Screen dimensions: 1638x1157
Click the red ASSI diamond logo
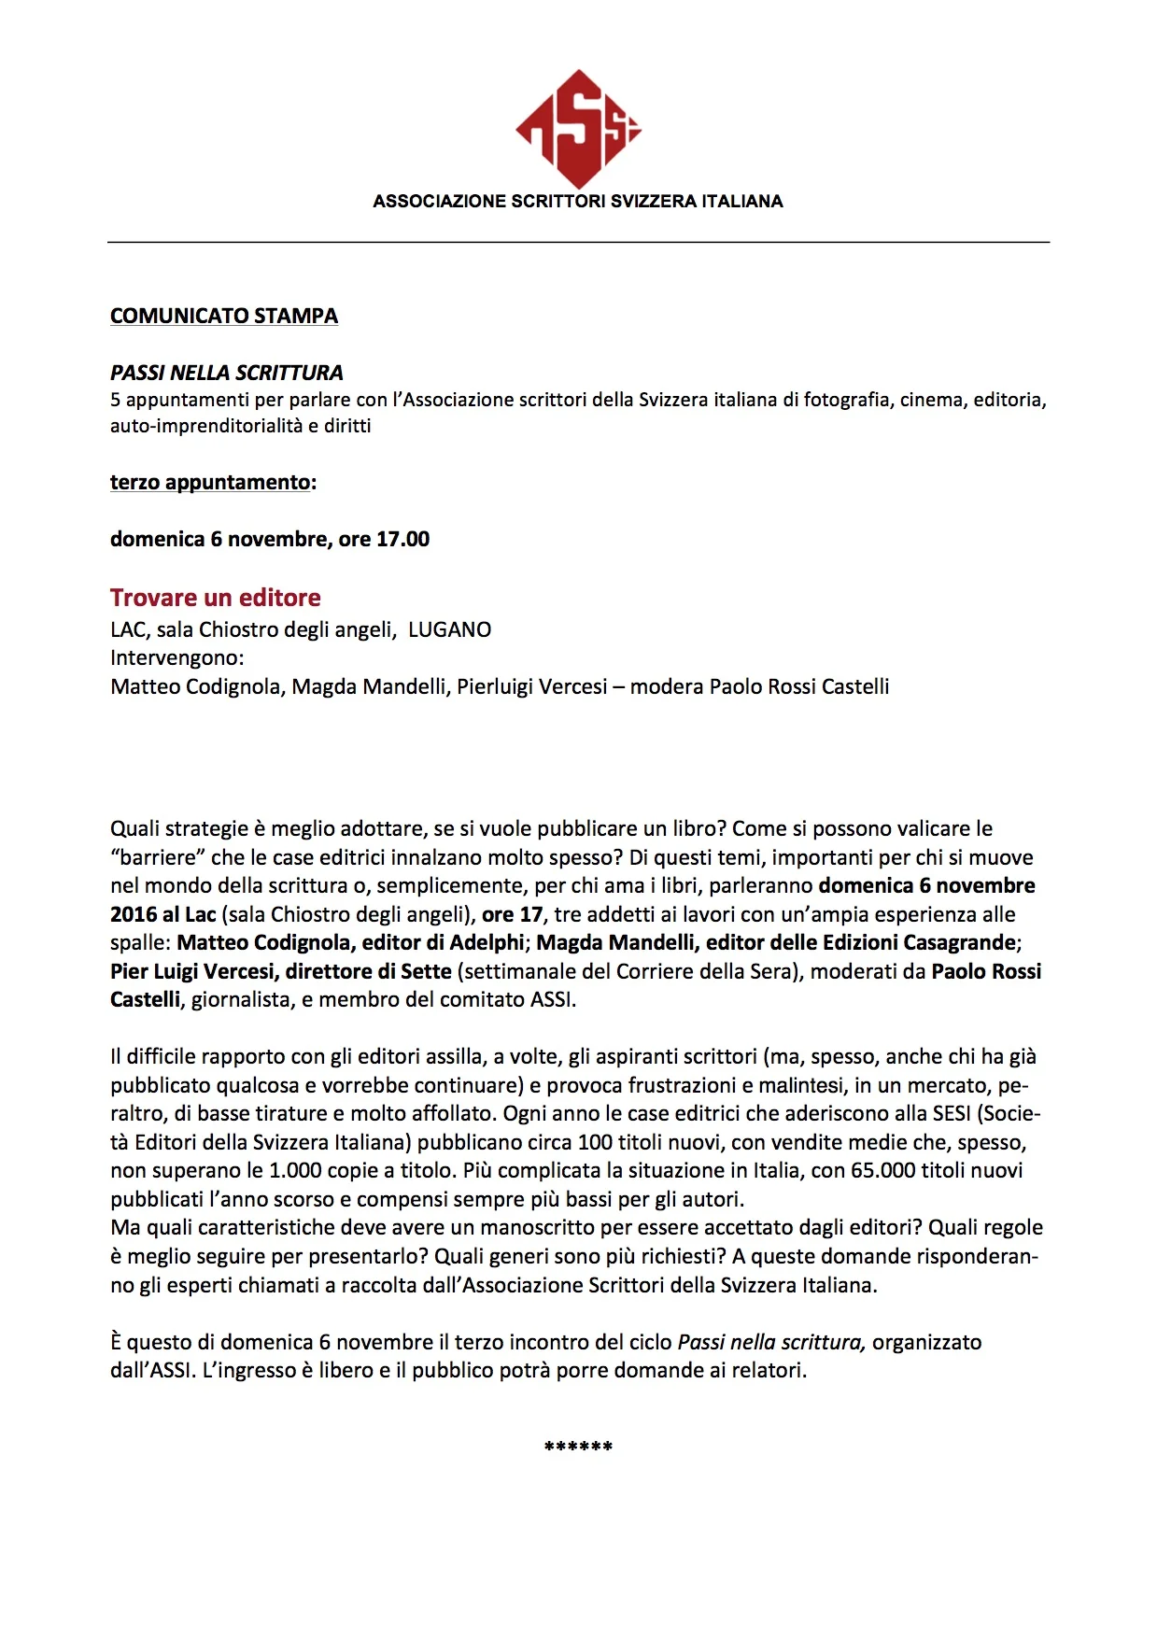tap(578, 129)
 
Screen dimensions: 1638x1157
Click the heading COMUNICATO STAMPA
tap(224, 316)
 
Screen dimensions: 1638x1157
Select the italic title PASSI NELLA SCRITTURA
tap(227, 373)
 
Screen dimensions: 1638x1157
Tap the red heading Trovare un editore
tap(216, 598)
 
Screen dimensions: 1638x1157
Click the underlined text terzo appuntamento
tap(210, 482)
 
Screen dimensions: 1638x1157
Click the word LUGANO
tap(450, 629)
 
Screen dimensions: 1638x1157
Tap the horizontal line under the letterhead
tap(578, 242)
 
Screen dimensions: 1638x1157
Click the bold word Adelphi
tap(487, 942)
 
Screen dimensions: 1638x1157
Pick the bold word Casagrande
tap(959, 942)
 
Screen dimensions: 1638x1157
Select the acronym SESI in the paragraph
tap(952, 1113)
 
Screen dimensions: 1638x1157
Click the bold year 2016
tap(134, 914)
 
